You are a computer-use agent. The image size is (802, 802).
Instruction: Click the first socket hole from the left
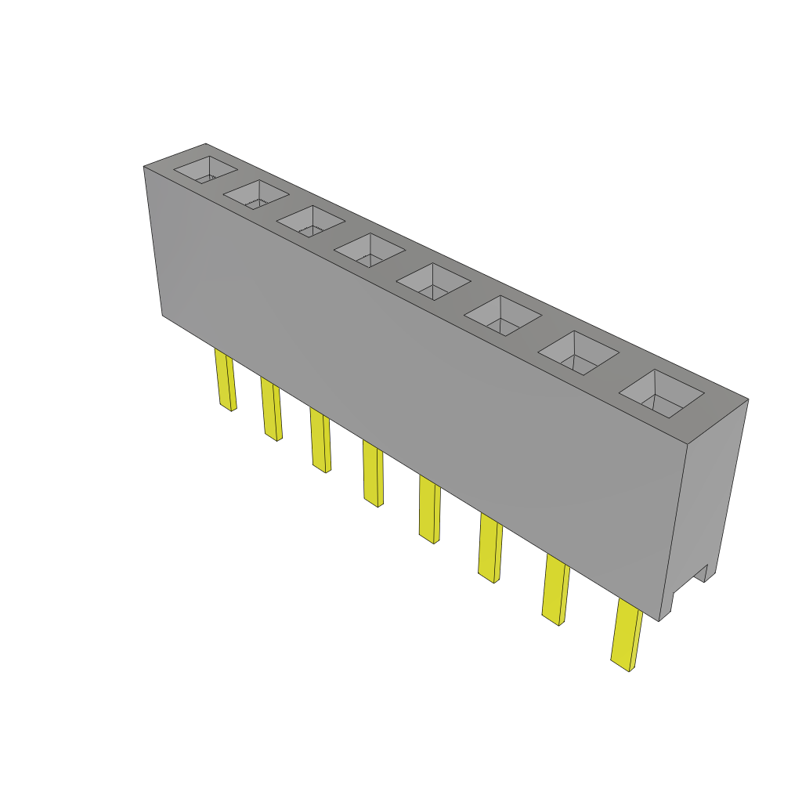click(x=204, y=170)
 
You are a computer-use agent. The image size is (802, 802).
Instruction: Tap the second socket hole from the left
click(x=256, y=195)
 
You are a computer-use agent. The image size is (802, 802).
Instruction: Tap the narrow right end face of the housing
click(x=709, y=501)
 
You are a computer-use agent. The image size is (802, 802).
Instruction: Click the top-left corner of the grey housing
click(x=144, y=167)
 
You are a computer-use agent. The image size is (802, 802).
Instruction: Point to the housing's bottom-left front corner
click(x=163, y=315)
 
